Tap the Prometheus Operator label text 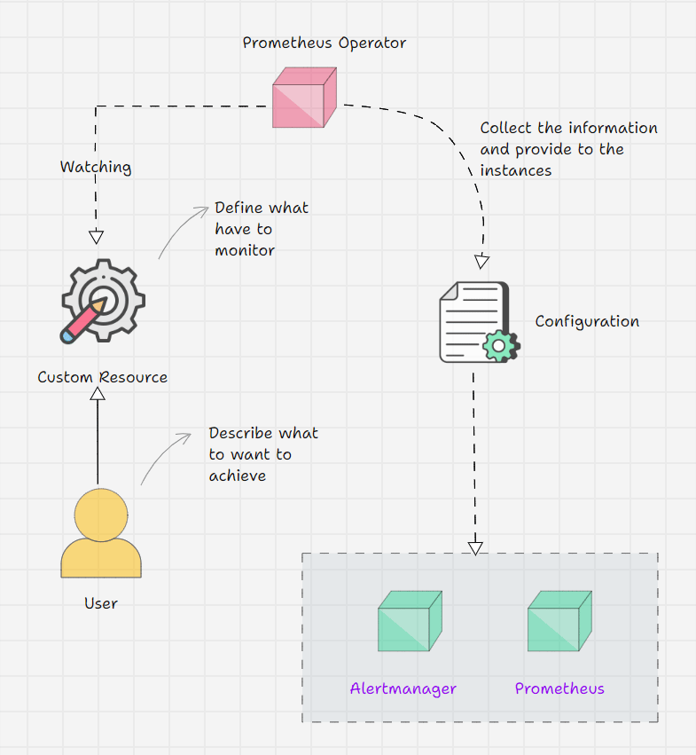(x=325, y=43)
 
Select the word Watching (x=96, y=167)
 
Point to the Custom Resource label (x=102, y=377)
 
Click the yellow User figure (x=101, y=533)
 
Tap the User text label (x=101, y=603)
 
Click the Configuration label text (x=587, y=321)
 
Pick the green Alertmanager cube (x=410, y=620)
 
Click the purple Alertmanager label (x=403, y=688)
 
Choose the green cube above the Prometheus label (x=559, y=620)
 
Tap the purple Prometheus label (x=559, y=688)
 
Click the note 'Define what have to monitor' (x=261, y=229)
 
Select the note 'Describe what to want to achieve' (x=262, y=454)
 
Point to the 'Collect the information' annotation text (x=568, y=149)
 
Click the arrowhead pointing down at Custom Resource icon (x=97, y=237)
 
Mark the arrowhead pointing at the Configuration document (x=481, y=262)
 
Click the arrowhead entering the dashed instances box (x=475, y=547)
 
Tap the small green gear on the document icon (x=503, y=345)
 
